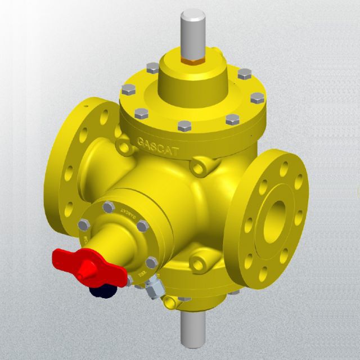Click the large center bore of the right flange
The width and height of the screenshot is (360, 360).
(x=274, y=217)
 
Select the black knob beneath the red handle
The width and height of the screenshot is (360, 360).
(x=101, y=290)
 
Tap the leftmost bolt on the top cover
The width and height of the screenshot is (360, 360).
(x=128, y=89)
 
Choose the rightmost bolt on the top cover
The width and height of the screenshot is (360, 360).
(x=256, y=100)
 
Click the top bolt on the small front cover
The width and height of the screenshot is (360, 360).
(x=109, y=207)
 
